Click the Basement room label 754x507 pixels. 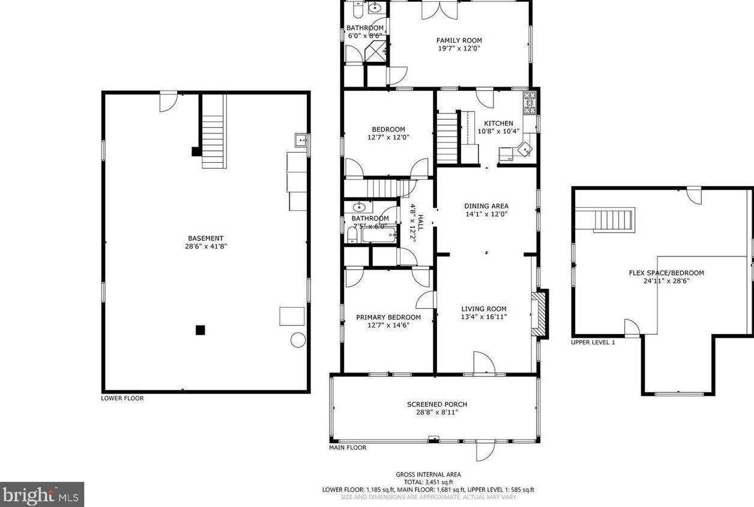(205, 238)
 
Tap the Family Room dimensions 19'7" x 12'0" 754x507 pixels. (459, 49)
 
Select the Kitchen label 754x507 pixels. (498, 123)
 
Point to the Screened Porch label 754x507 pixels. (436, 404)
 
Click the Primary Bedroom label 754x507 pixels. (388, 317)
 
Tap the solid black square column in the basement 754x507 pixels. (201, 330)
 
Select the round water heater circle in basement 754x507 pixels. (298, 340)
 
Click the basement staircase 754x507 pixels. (213, 132)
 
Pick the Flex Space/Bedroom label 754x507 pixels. (666, 273)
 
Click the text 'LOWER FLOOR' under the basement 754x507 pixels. (122, 398)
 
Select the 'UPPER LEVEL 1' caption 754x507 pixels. (593, 342)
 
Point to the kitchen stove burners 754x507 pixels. (530, 103)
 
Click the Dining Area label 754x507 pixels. (486, 206)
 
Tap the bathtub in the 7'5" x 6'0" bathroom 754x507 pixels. (378, 234)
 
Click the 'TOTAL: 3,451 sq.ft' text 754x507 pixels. (428, 482)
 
